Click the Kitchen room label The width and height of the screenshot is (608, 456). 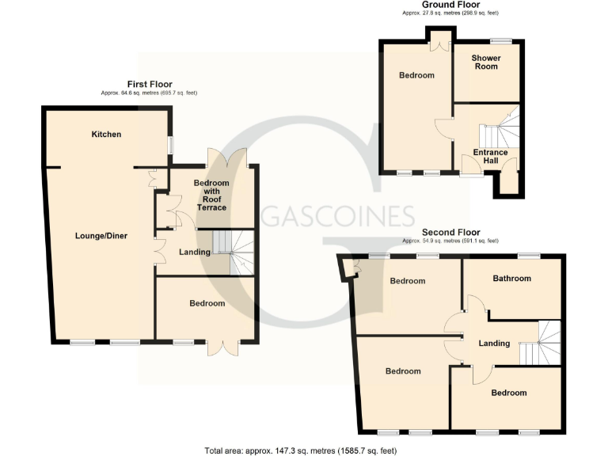tap(106, 135)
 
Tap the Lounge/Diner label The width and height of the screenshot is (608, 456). tap(101, 236)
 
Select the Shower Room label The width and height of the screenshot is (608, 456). tap(485, 62)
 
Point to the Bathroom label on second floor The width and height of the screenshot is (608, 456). tap(511, 279)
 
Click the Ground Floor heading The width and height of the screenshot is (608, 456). tap(450, 5)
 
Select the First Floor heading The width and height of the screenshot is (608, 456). tap(150, 84)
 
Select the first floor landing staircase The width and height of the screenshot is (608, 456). tap(234, 251)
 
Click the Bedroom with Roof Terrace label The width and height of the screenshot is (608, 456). tap(211, 195)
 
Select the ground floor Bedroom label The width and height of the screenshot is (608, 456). tap(416, 76)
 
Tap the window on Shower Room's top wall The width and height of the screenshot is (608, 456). tap(500, 40)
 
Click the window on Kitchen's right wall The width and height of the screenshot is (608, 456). tap(169, 146)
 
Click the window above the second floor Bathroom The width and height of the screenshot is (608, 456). tap(529, 255)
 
